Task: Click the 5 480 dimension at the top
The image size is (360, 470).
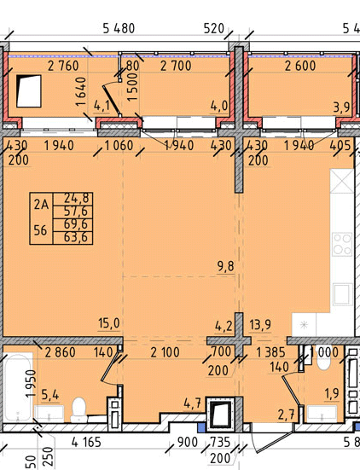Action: point(119,29)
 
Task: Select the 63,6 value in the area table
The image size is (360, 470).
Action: point(76,237)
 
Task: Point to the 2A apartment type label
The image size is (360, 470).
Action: point(41,205)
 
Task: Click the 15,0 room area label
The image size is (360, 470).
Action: point(109,323)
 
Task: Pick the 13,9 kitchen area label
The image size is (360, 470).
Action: point(260,324)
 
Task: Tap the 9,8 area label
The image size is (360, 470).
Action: point(226,266)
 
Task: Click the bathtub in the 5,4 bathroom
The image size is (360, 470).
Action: point(17,387)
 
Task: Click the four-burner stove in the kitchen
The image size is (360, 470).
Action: point(342,244)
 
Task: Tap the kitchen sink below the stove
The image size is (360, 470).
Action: point(342,294)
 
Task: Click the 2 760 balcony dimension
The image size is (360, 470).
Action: point(63,66)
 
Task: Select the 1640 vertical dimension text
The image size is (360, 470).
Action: point(81,91)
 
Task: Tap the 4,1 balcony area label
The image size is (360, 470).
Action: point(102,106)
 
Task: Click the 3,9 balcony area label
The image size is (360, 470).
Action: point(341,107)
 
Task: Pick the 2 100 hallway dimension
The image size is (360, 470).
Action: point(165,352)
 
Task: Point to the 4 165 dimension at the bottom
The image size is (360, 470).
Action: point(86,442)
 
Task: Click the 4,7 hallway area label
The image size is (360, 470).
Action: point(192,403)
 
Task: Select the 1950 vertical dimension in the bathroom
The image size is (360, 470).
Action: point(32,384)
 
